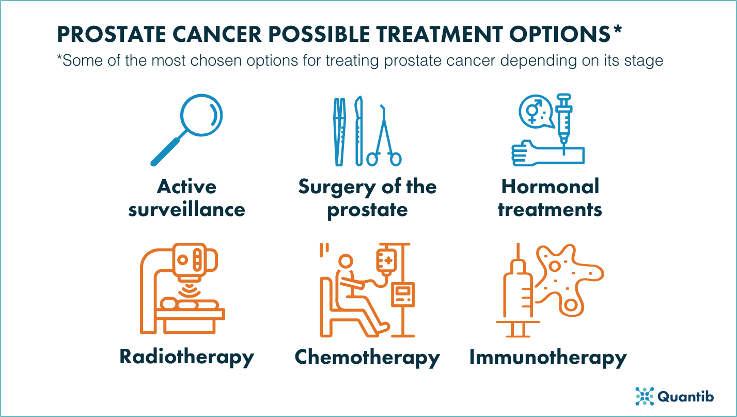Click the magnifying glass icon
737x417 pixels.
click(x=187, y=131)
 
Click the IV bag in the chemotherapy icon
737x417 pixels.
click(x=384, y=261)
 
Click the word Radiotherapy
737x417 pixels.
click(x=186, y=357)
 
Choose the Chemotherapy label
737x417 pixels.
click(x=367, y=357)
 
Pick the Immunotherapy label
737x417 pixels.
click(x=547, y=357)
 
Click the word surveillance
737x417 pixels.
click(x=186, y=210)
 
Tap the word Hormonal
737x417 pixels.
click(x=550, y=187)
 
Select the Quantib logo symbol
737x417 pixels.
click(x=644, y=396)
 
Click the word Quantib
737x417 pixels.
click(x=685, y=396)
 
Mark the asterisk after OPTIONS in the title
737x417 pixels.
click(x=617, y=30)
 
